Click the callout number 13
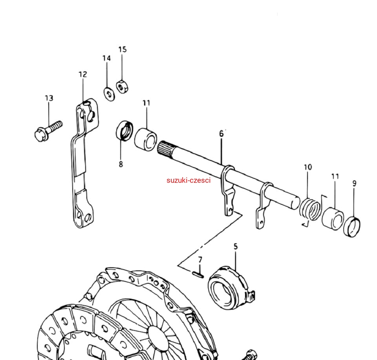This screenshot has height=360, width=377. pos(49,98)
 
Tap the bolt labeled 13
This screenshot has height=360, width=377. pos(48,131)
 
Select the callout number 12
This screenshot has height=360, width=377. pos(83,74)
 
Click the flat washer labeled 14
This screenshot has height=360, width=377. pos(110,94)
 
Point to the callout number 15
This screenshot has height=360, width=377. pos(123,50)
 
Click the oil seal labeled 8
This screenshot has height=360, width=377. pos(124,130)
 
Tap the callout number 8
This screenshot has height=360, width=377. pos(121,164)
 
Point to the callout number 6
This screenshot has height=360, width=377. pos(221,134)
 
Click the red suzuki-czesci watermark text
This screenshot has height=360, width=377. pos(188,180)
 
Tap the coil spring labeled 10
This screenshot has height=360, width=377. pos(310,209)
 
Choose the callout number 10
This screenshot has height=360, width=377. pos(308,167)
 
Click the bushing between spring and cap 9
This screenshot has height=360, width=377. pos(333,219)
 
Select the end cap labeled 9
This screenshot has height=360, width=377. pos(352,227)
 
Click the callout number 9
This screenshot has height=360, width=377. pos(354,184)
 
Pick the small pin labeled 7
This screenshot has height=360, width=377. pos(198,275)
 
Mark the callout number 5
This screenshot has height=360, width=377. pos(235,246)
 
